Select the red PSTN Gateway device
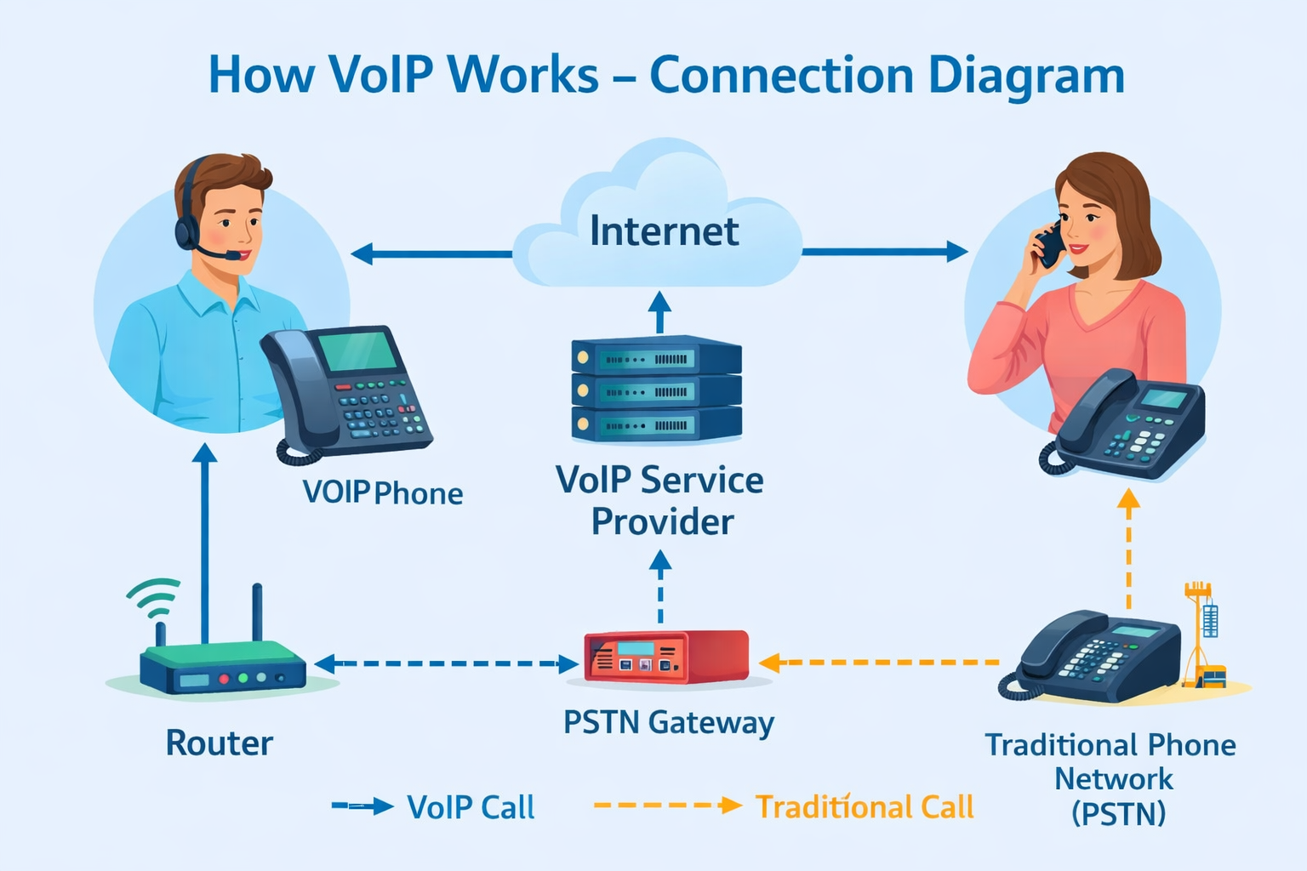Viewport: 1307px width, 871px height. [x=665, y=657]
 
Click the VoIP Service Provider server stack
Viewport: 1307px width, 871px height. [x=656, y=390]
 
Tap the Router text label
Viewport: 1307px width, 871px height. [x=219, y=743]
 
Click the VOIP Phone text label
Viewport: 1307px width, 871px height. [x=383, y=493]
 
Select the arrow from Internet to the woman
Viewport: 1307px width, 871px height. [x=885, y=252]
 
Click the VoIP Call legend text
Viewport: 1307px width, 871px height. [x=471, y=807]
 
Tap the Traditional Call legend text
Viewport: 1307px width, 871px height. [x=865, y=807]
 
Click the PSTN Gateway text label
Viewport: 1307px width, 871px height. [x=669, y=723]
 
